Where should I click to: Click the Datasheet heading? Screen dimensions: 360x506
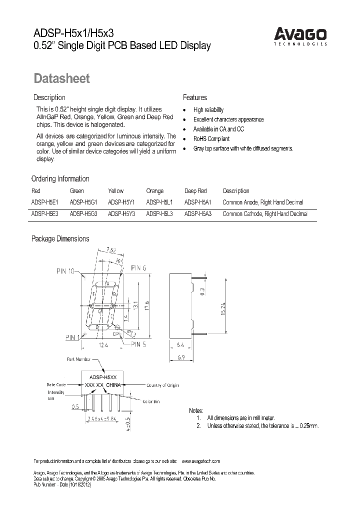[x=61, y=78]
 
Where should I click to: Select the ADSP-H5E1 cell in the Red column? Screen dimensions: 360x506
[x=45, y=202]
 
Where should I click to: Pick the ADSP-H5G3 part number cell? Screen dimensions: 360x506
[x=83, y=213]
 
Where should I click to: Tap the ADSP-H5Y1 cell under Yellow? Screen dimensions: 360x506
[x=121, y=202]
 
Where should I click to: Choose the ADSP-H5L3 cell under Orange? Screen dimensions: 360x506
[x=160, y=213]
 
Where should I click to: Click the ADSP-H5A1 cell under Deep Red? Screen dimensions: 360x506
[x=198, y=202]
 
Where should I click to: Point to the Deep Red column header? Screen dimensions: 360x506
[x=195, y=190]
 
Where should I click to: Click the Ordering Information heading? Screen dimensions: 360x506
[x=60, y=178]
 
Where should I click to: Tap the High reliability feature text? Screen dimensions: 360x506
[x=208, y=110]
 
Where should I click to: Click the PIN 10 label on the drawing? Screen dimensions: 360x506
[x=65, y=271]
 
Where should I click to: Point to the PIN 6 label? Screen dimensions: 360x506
[x=139, y=268]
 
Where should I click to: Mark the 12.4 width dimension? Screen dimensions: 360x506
[x=104, y=345]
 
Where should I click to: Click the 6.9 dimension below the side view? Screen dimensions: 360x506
[x=181, y=357]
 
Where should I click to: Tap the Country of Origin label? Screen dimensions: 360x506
[x=162, y=385]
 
